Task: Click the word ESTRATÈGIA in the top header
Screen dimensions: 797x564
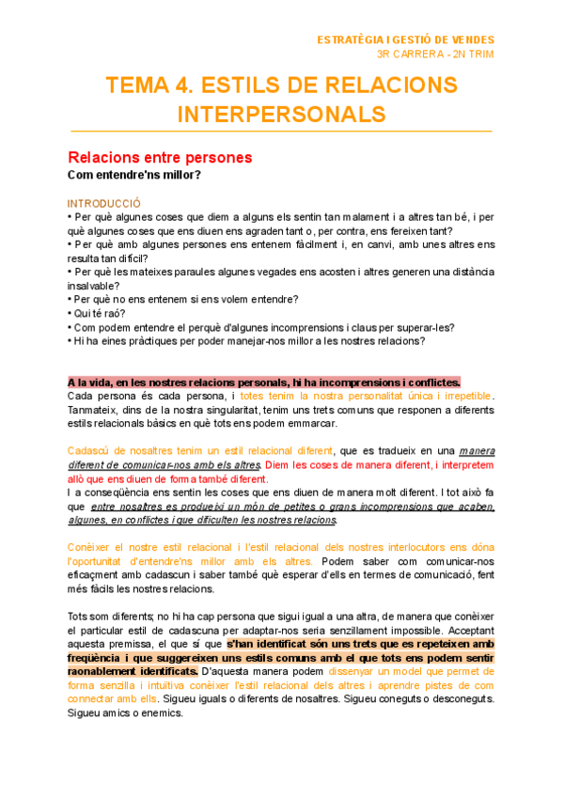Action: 350,40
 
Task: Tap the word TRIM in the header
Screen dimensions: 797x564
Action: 478,55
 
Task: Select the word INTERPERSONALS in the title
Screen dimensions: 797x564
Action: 281,114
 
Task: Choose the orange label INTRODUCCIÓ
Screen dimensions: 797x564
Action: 103,203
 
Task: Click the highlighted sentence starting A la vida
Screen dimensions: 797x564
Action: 264,383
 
